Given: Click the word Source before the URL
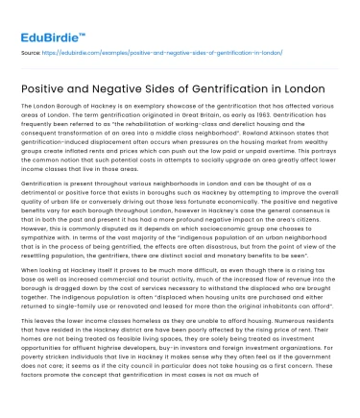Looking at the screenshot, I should pos(32,54).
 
